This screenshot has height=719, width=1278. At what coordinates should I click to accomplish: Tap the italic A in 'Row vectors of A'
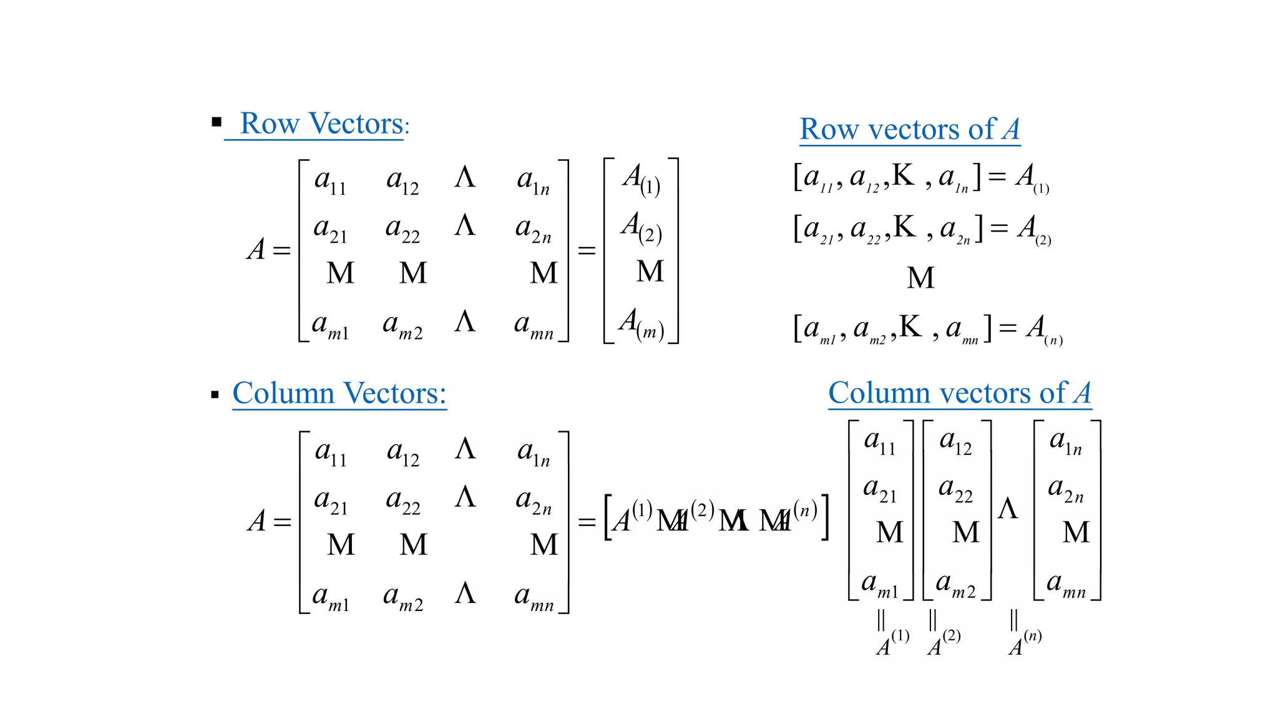click(1011, 130)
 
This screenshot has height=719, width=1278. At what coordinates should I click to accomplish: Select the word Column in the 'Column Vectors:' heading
click(283, 393)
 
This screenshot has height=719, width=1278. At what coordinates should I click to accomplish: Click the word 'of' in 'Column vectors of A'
click(1053, 393)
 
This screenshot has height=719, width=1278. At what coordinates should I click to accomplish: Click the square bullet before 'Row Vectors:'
click(217, 122)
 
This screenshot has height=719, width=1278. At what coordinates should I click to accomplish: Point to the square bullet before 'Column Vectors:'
click(215, 394)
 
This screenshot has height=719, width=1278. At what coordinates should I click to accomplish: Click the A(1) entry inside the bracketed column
click(641, 179)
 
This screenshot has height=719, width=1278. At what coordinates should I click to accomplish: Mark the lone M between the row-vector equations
click(920, 278)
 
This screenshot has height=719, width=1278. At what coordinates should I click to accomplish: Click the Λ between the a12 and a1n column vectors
click(1007, 509)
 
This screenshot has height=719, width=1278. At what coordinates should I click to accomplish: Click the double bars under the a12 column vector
click(932, 620)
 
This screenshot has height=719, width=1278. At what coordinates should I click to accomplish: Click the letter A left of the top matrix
click(256, 250)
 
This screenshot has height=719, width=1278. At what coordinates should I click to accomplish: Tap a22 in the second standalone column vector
click(955, 489)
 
